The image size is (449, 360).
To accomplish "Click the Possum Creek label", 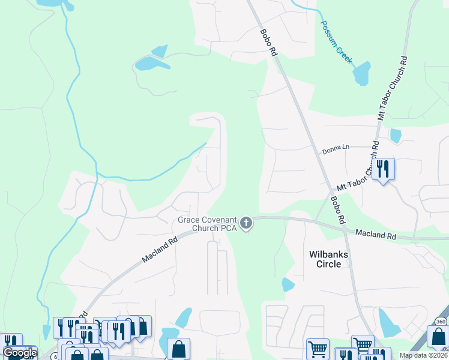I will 336,42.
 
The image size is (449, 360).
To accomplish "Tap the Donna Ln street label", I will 336,148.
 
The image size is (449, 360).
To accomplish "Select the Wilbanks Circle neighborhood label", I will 328,259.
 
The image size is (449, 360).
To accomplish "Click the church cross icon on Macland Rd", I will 246,224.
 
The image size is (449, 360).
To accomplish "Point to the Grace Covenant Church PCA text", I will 207,224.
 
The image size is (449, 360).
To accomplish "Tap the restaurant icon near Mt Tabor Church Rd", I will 383,169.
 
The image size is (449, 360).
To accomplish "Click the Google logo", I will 19,353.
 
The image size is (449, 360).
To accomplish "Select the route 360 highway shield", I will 442,321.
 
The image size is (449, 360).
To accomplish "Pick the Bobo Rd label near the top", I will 268,43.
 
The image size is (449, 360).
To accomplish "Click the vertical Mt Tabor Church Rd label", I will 393,89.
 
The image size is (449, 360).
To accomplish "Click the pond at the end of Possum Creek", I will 361,74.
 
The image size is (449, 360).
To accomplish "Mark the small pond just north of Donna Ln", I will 395,136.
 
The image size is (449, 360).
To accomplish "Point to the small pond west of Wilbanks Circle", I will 288,284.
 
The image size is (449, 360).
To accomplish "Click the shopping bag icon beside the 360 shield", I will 438,340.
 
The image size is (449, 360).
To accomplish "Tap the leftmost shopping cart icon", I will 318,349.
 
